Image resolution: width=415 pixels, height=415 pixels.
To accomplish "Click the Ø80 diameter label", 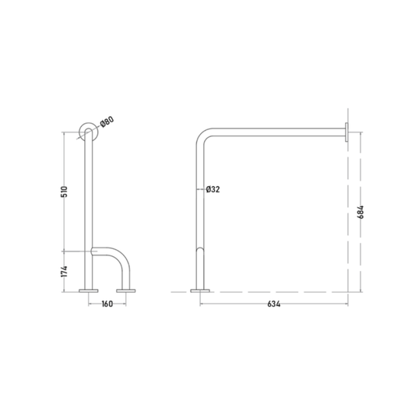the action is (x=107, y=121).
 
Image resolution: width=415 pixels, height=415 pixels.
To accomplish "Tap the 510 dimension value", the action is (x=65, y=192).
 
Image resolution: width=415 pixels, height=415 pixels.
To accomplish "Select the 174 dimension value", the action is (x=65, y=272).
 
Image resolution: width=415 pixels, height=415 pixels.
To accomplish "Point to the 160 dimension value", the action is (x=107, y=304).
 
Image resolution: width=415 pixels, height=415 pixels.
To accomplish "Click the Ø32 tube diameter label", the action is (x=213, y=189).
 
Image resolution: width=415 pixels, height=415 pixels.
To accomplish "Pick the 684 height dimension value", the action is (x=360, y=212).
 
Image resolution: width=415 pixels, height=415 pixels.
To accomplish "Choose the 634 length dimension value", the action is (x=273, y=304).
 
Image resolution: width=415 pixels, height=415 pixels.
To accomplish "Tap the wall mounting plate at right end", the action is (x=346, y=132).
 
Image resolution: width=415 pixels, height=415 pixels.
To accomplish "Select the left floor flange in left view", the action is (x=89, y=290).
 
